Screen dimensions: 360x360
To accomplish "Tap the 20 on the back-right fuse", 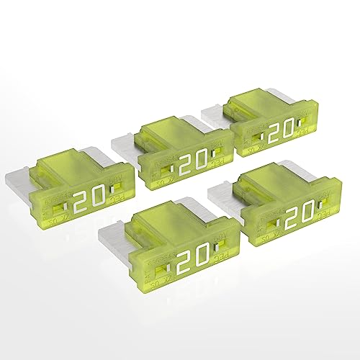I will tap(282, 130).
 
